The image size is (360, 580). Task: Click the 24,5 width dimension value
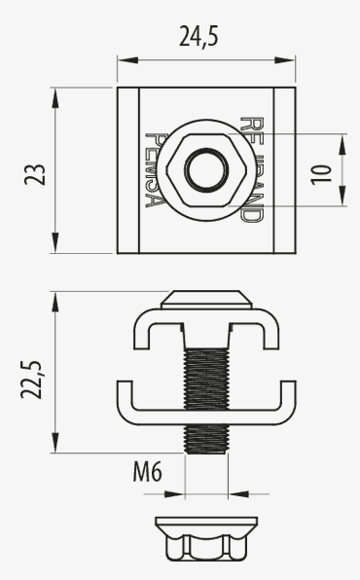tap(205, 37)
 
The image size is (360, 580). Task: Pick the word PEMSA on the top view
tap(154, 169)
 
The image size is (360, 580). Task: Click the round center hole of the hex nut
tap(204, 171)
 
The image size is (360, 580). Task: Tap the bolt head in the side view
tap(204, 298)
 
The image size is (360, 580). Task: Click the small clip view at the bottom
tap(206, 538)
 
